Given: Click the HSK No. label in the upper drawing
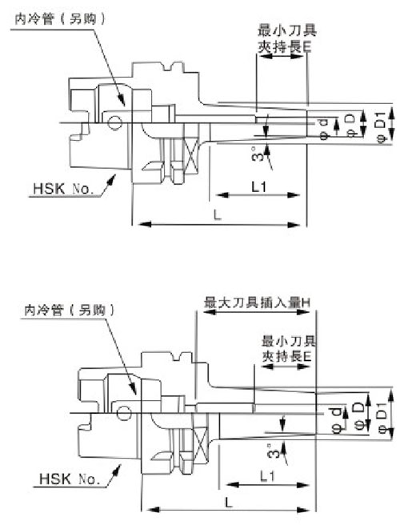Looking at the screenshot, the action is point(62,189).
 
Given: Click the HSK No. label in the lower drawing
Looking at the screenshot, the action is point(70,479).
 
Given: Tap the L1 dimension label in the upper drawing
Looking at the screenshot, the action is point(259,186).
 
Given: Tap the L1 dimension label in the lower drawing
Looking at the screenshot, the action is point(268,476).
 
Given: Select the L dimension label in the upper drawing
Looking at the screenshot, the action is point(218,214).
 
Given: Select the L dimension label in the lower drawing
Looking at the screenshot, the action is point(229,503).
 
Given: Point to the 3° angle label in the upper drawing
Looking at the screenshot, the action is point(258,154).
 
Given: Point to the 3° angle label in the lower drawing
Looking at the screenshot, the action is point(274,451).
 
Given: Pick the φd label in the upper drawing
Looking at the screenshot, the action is point(325,130).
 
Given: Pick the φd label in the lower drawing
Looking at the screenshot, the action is point(338,420).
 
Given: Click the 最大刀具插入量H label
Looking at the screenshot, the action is point(257,303).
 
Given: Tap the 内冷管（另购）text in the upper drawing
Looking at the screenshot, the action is point(60,18).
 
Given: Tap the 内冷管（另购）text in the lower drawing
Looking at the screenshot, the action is point(70,310).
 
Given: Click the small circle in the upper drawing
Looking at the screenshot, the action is point(114,122).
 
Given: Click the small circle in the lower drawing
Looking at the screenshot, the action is point(124,413).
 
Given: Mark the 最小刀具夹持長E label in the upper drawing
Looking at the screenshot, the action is point(286,38).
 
